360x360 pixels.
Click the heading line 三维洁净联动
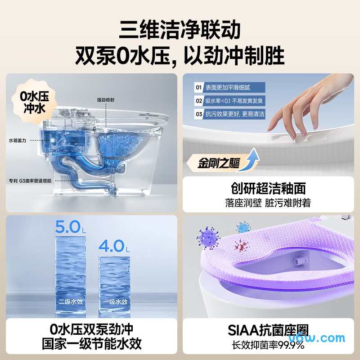click(180, 30)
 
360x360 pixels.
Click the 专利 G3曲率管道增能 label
click(30, 180)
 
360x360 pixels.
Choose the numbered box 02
click(198, 101)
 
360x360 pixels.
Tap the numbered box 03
click(198, 114)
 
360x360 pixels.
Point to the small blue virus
click(243, 227)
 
